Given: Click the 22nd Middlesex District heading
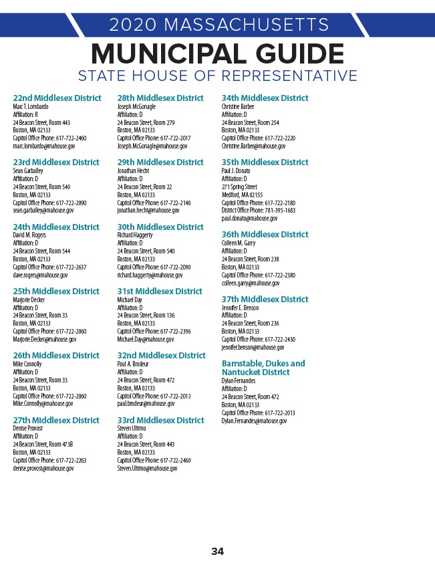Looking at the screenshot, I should pyautogui.click(x=57, y=98).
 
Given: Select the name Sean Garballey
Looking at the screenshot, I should pyautogui.click(x=27, y=171).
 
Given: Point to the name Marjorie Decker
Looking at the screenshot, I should pyautogui.click(x=29, y=300).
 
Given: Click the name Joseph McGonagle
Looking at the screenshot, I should pyautogui.click(x=136, y=106).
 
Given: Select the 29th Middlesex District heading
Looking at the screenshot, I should pyautogui.click(x=160, y=162).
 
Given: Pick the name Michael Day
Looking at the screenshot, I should pyautogui.click(x=130, y=300).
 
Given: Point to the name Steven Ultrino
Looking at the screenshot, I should pyautogui.click(x=132, y=428).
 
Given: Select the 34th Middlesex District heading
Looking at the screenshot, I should pyautogui.click(x=265, y=98).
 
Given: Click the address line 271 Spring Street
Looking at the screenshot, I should pyautogui.click(x=239, y=187).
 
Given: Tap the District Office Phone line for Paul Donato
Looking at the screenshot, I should pyautogui.click(x=258, y=210).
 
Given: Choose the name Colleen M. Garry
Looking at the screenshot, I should pyautogui.click(x=239, y=243).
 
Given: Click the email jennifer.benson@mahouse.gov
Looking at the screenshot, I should pyautogui.click(x=253, y=347).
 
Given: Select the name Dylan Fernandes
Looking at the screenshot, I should pyautogui.click(x=239, y=380).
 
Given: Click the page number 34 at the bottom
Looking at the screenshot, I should pyautogui.click(x=217, y=552).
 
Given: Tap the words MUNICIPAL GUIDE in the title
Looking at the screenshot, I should pyautogui.click(x=217, y=54).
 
